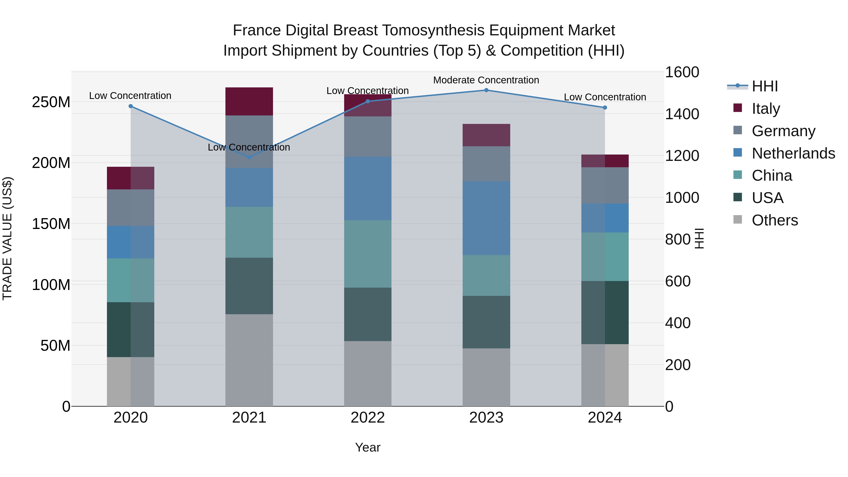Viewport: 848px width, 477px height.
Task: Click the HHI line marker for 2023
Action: point(486,90)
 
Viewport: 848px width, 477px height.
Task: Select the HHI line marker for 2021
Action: point(249,157)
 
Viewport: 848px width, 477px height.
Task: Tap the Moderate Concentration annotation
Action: point(486,80)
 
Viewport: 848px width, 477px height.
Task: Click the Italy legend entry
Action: point(766,108)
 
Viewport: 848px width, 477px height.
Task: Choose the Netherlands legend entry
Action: point(793,153)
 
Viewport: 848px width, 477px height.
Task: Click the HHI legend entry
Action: point(765,86)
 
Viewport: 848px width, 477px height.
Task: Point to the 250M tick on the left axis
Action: point(51,102)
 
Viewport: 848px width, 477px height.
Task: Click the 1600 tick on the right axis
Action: point(682,72)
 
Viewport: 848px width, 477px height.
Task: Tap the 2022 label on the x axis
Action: point(368,418)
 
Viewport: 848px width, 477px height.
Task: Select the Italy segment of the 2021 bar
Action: point(249,101)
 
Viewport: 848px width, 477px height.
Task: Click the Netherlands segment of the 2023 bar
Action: point(486,218)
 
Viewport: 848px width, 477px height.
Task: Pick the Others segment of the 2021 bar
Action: point(249,360)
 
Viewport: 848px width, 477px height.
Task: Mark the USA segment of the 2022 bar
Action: point(368,314)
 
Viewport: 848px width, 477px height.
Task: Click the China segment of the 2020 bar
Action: point(131,280)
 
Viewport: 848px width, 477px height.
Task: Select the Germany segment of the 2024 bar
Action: point(605,185)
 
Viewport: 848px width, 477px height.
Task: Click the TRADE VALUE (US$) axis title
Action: point(7,238)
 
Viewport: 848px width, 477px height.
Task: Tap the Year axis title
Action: point(368,447)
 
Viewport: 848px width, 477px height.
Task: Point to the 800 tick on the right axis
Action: point(678,239)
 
